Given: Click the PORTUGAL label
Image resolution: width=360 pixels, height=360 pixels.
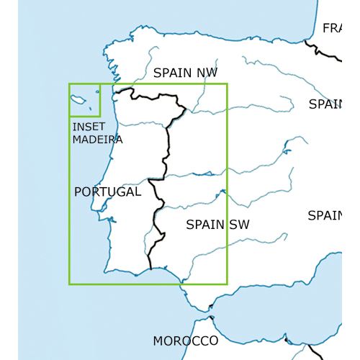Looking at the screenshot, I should point(107,192).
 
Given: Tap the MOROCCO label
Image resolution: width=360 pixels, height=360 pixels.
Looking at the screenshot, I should point(185,340).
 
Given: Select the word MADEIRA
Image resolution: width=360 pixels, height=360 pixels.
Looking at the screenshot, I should point(97,139).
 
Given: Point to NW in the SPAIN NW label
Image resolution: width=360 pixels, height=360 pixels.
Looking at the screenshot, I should point(206,72).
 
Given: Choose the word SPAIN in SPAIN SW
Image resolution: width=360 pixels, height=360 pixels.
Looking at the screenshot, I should point(205,225).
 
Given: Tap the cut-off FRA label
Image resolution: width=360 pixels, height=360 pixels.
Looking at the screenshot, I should point(332,29).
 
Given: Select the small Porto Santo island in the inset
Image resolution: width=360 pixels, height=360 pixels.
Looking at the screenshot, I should point(93,91).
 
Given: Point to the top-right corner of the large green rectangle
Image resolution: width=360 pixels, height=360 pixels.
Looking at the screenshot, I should point(227,84).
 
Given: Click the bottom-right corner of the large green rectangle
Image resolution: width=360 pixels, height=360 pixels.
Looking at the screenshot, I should point(227,284).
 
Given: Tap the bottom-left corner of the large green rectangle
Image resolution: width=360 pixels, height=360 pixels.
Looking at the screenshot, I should point(69,284).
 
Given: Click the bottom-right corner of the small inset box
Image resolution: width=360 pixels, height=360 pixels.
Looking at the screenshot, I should point(100,115).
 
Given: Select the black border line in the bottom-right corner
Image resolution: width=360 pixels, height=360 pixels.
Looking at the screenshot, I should point(311,351).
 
